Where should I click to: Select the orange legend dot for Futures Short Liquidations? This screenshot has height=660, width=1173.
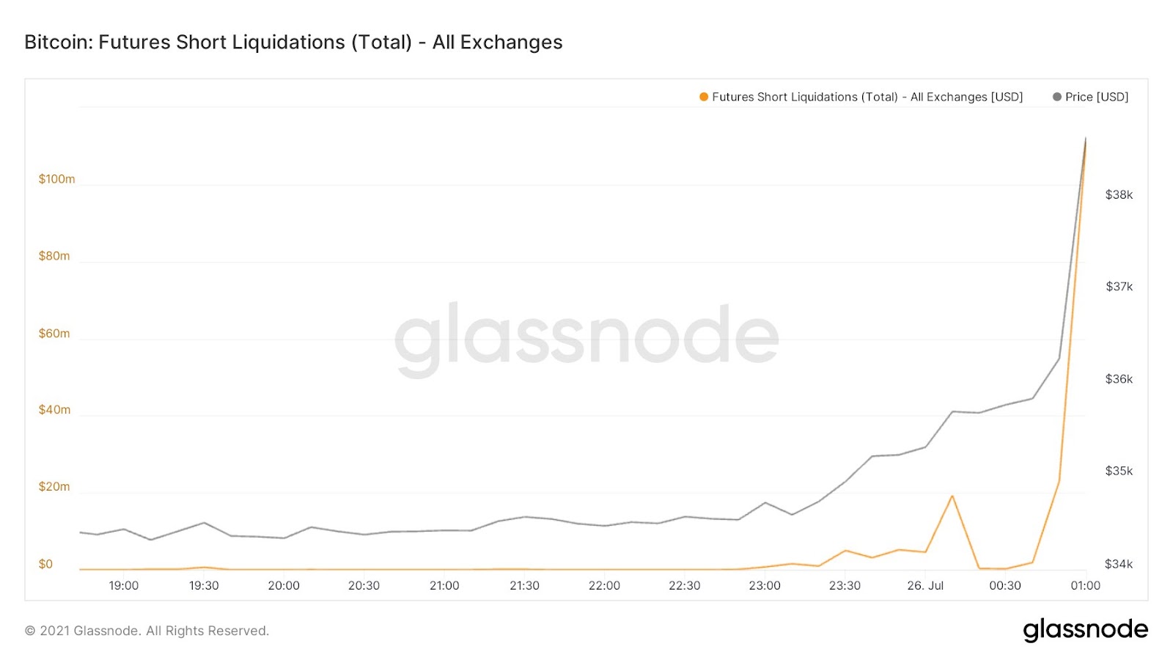click(704, 97)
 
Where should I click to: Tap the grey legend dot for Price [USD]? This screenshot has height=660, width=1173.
click(1056, 97)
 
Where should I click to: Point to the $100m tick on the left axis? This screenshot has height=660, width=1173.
click(56, 179)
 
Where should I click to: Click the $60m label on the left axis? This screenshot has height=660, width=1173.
click(54, 333)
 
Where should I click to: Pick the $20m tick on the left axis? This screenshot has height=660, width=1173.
click(54, 486)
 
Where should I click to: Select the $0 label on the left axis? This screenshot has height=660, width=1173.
click(45, 564)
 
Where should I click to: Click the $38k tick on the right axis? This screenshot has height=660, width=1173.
click(1119, 194)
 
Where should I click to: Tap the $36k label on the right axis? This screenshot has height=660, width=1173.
click(1119, 379)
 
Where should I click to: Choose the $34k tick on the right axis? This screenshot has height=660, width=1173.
click(1119, 564)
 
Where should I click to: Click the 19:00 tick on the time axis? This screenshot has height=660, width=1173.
click(124, 585)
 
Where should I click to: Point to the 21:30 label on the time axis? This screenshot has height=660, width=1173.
click(524, 585)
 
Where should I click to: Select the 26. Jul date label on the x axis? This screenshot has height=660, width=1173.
click(925, 585)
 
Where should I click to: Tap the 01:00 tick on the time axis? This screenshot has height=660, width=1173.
click(1085, 585)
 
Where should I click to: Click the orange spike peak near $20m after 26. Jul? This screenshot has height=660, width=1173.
click(952, 496)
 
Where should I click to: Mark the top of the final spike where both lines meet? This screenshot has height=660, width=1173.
click(1086, 138)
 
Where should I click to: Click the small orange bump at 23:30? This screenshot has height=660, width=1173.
click(845, 550)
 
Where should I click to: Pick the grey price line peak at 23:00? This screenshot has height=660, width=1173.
click(765, 502)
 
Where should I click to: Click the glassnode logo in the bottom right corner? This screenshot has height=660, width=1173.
click(1085, 630)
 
